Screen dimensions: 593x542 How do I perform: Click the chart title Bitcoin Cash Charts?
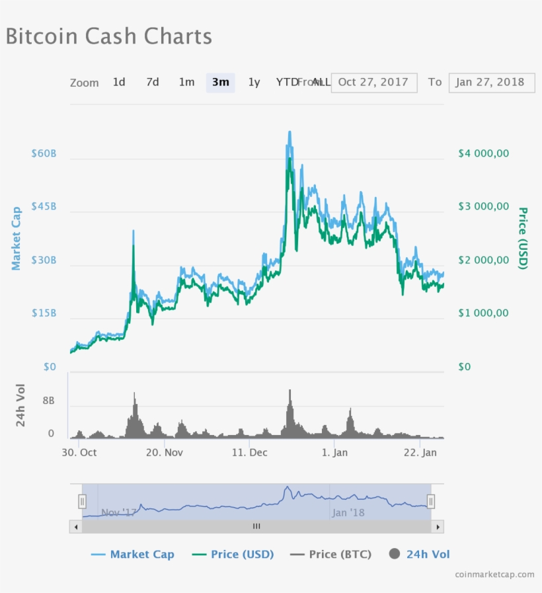pos(109,36)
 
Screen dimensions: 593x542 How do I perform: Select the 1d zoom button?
pos(119,82)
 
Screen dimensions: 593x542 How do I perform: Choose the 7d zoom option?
pos(153,82)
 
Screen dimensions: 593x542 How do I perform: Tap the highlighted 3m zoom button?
pos(220,82)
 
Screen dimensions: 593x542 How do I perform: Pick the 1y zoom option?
pos(254,82)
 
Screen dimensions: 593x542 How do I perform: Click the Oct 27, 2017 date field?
pos(373,82)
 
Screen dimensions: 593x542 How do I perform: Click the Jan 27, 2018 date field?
pos(490,82)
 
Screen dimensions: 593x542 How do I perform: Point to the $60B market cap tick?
pos(44,153)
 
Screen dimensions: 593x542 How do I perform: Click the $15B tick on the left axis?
pos(44,313)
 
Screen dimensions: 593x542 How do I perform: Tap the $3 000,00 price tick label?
pos(484,206)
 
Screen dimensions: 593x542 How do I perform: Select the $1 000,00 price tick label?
pos(484,313)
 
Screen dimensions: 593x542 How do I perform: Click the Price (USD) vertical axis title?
pos(523,239)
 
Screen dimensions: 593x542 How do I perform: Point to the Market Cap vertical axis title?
pos(17,239)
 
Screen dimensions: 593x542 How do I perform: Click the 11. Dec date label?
pos(250,453)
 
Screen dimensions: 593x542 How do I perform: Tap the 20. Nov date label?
pos(164,453)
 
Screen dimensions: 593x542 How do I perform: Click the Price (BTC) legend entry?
pos(330,554)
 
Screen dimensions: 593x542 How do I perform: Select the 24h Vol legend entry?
pos(420,554)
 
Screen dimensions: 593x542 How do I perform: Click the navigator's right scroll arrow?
pos(437,527)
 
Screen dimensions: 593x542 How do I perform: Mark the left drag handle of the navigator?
pos(83,502)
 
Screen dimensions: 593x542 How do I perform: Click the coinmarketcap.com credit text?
pos(494,574)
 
